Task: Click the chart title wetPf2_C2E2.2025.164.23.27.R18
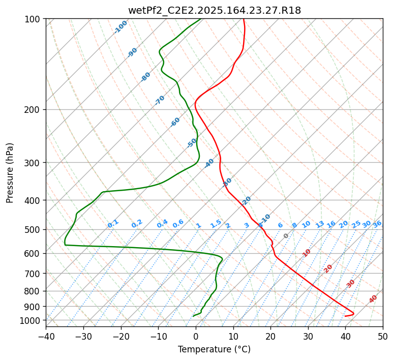pos(214,10)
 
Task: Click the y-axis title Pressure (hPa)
pos(10,172)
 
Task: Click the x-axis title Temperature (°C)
pos(214,349)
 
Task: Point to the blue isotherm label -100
pos(120,27)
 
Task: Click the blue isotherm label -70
pos(160,100)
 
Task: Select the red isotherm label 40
pos(373,299)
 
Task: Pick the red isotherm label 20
pos(328,268)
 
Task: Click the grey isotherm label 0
pos(286,236)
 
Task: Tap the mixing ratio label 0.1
pos(113,223)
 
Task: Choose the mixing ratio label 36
pos(377,224)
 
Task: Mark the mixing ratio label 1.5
pos(216,223)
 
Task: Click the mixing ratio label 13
pos(320,224)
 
